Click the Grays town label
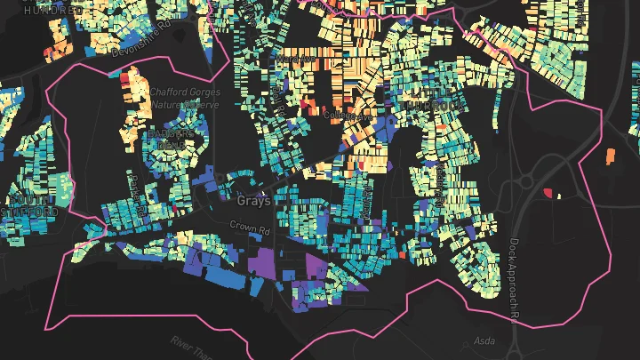254,201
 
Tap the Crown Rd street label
250,228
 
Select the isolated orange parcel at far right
610,156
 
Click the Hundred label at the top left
53,10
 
